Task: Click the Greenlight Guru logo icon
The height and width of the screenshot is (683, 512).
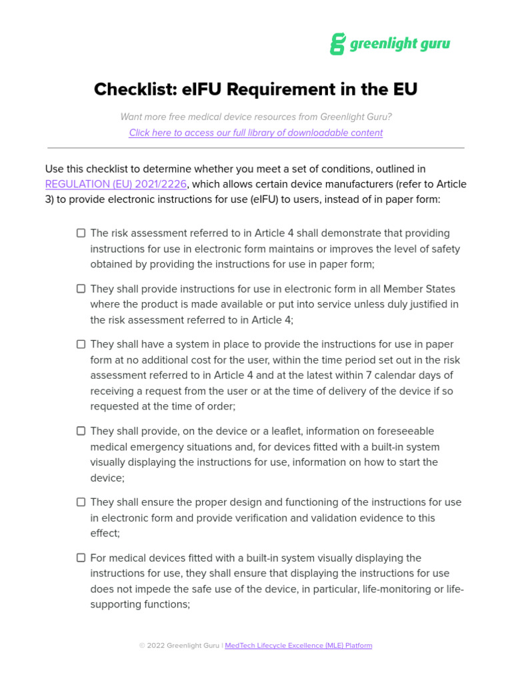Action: (338, 44)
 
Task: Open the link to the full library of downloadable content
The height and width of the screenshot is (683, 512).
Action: (255, 133)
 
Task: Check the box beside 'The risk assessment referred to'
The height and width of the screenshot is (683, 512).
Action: (81, 233)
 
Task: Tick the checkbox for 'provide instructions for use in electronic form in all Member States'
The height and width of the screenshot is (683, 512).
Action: (81, 289)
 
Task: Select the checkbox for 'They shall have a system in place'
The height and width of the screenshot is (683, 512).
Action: (81, 344)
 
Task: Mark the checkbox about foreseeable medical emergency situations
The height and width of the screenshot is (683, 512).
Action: (81, 431)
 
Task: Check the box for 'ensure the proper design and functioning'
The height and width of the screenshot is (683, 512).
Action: (81, 502)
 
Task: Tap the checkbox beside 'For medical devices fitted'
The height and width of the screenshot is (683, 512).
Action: (81, 558)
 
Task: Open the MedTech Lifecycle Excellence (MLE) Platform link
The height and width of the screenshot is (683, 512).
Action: (299, 646)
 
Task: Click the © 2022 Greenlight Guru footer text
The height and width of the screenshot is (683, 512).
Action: (179, 646)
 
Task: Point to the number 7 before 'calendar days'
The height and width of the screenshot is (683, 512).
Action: (376, 375)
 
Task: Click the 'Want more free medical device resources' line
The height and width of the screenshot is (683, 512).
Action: (256, 117)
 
